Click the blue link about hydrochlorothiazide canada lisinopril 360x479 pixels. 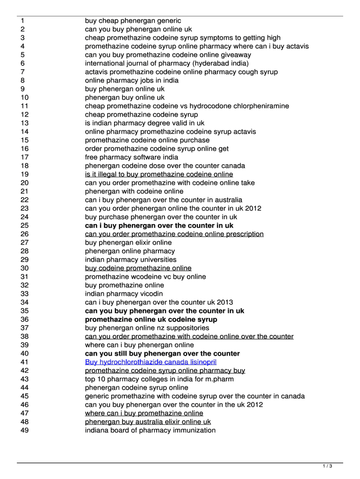tap(151, 362)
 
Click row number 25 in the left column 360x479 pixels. tap(25, 225)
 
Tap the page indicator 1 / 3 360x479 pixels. tap(327, 466)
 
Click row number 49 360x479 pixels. tap(25, 430)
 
